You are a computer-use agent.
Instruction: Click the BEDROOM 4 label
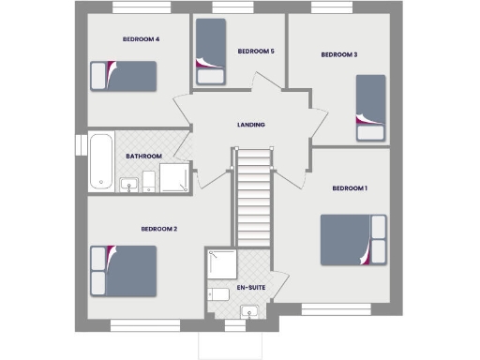[x=142, y=39]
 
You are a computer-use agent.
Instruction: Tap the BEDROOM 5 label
[x=255, y=51]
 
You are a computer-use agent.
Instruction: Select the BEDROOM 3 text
[x=339, y=54]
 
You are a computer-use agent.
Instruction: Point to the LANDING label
[x=251, y=125]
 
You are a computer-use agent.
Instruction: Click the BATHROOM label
[x=144, y=156]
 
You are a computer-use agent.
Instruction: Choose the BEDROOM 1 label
[x=350, y=188]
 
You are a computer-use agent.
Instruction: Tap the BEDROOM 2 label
[x=159, y=229]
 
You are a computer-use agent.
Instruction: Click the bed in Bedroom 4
[x=122, y=75]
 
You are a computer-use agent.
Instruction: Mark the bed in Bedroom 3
[x=370, y=108]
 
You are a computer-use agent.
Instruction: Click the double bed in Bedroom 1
[x=352, y=239]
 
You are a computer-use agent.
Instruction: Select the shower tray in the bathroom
[x=174, y=177]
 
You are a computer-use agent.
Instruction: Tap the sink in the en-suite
[x=248, y=311]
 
